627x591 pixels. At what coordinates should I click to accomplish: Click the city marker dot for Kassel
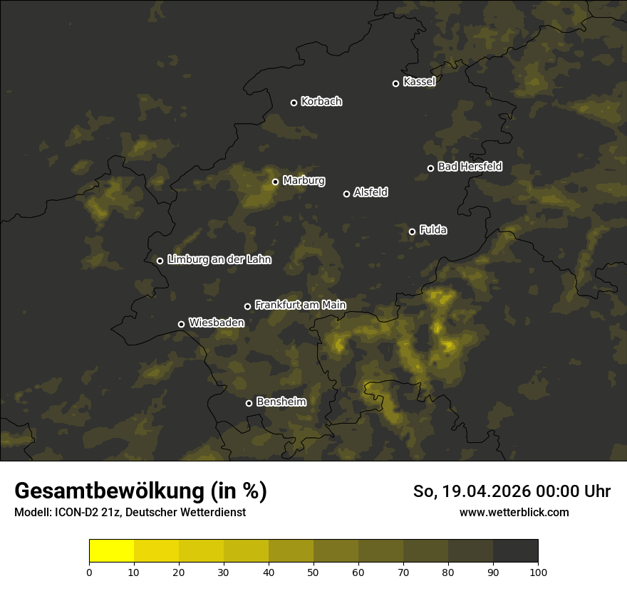(396, 83)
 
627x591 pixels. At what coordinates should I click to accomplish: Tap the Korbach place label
(321, 102)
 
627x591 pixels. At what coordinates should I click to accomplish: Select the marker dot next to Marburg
(276, 182)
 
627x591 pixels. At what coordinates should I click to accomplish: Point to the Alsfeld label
(370, 192)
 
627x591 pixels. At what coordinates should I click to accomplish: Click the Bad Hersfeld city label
(470, 167)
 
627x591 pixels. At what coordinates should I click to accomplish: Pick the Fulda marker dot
(412, 231)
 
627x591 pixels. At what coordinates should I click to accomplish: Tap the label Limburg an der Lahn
(219, 260)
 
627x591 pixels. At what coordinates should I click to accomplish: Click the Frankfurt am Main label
(300, 305)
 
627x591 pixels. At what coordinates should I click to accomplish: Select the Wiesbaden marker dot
(182, 324)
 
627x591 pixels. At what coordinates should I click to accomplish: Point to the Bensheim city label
(281, 402)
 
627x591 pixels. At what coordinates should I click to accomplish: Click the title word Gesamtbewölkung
(109, 491)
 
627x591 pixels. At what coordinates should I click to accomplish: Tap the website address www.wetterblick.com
(514, 512)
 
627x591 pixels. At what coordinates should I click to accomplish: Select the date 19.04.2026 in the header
(481, 491)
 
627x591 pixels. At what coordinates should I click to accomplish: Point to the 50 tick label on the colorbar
(313, 571)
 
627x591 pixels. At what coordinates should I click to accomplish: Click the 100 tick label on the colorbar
(538, 571)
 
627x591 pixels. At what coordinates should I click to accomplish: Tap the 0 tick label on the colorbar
(89, 571)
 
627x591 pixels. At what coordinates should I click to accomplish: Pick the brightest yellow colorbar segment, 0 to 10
(112, 551)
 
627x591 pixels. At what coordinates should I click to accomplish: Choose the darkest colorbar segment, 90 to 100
(515, 551)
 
